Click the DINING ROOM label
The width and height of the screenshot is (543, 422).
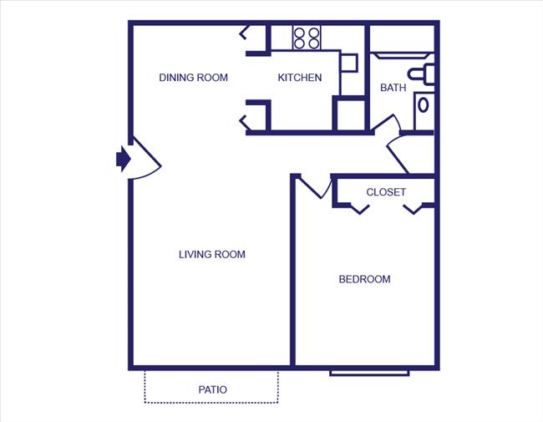pyautogui.click(x=193, y=78)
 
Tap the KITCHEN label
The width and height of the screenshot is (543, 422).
pyautogui.click(x=299, y=78)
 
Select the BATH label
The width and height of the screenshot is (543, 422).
pyautogui.click(x=393, y=87)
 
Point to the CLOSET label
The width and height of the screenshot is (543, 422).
pyautogui.click(x=386, y=192)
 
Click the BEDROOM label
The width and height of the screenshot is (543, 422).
pyautogui.click(x=364, y=279)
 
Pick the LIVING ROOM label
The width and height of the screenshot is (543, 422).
pyautogui.click(x=212, y=254)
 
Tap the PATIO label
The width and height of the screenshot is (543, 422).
pyautogui.click(x=213, y=389)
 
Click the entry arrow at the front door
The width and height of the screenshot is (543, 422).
pyautogui.click(x=123, y=158)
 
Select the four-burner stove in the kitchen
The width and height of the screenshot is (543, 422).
pyautogui.click(x=307, y=38)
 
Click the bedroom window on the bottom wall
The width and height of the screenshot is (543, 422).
pyautogui.click(x=368, y=371)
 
